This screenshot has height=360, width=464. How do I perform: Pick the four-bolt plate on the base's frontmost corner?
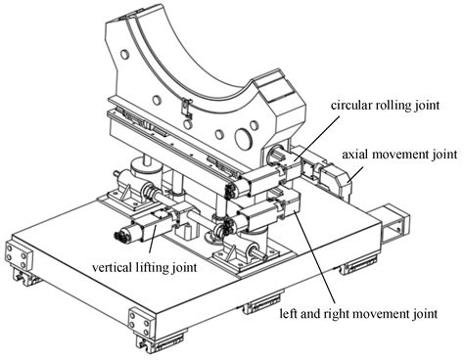click(x=140, y=322)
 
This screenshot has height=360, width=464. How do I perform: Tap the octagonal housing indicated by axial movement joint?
click(x=348, y=183)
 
